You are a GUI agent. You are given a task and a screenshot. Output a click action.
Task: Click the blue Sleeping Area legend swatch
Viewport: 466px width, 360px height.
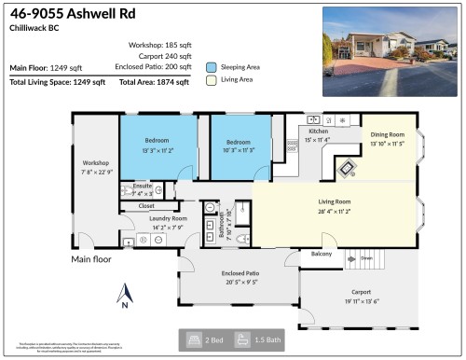point(212,67)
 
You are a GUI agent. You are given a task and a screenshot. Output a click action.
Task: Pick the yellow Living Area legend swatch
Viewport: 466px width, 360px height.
point(212,82)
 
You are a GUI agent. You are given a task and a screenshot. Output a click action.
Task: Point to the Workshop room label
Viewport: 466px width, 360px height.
point(96,163)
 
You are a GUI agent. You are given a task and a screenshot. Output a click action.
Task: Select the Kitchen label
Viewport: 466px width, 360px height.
point(319,132)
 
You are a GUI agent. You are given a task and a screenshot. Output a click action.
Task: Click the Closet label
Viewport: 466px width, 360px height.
point(146,205)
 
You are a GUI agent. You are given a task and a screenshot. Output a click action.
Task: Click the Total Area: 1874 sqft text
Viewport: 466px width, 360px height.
point(154,82)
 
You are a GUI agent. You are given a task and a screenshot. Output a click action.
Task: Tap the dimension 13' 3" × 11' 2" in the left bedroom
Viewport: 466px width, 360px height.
point(158,152)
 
